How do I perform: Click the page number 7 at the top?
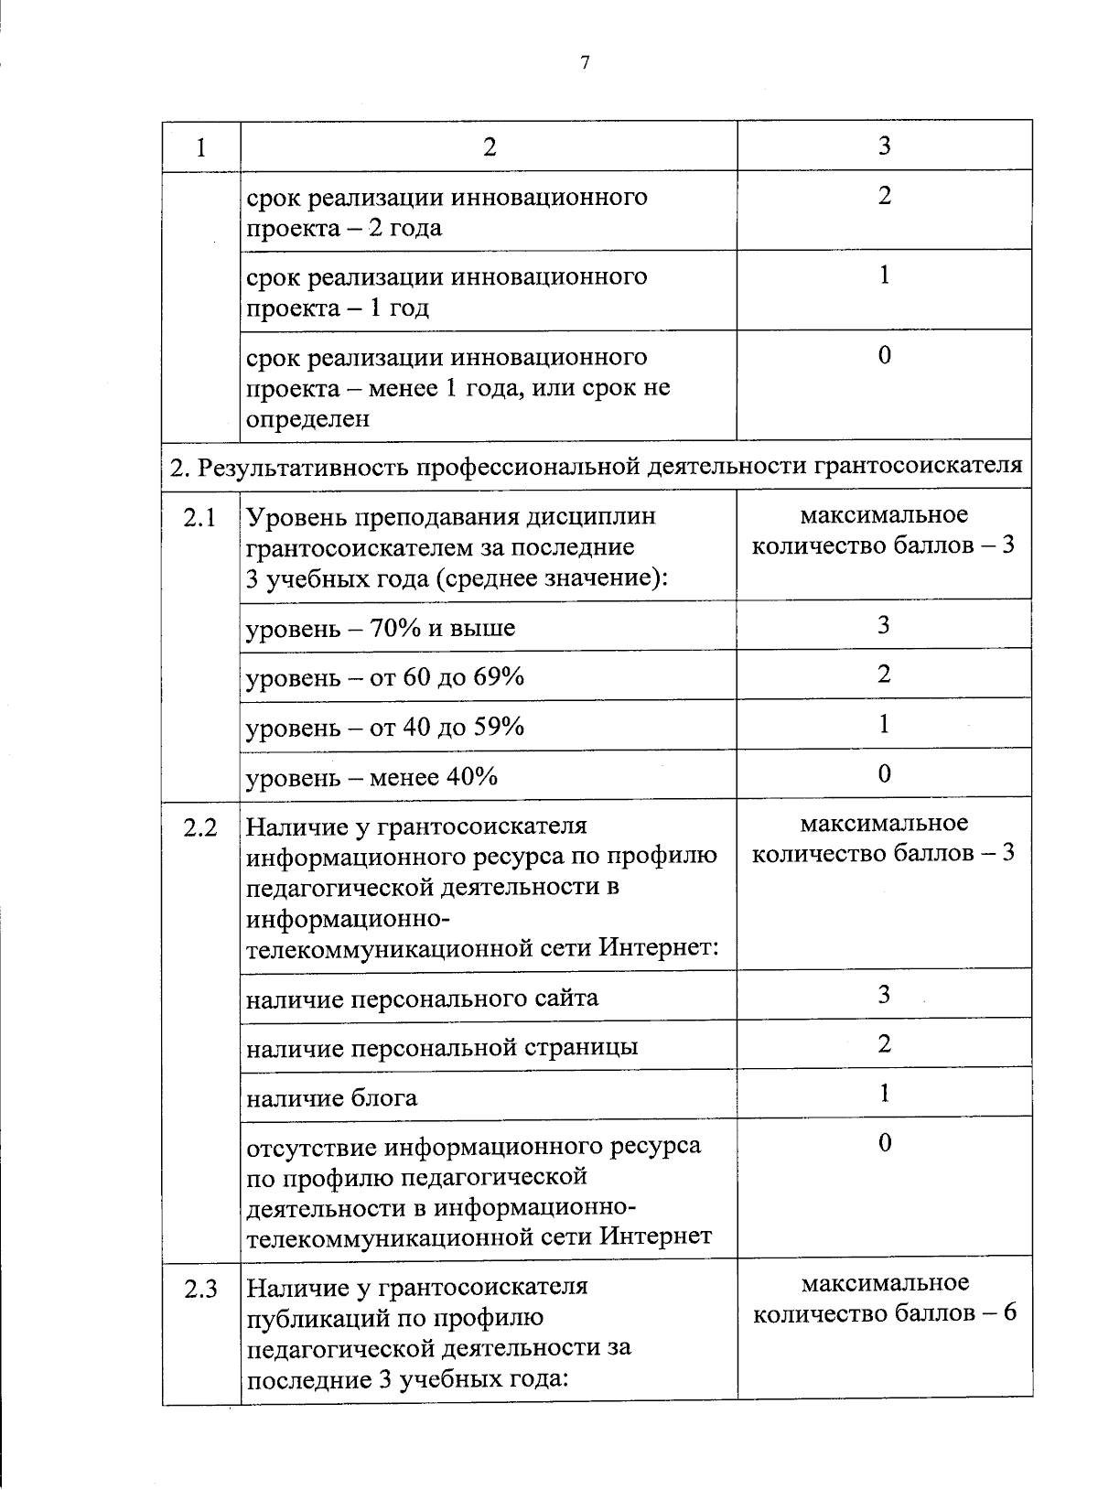tap(585, 62)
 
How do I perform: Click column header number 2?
tap(490, 146)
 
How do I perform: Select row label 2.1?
tap(199, 517)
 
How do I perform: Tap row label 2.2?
tap(199, 827)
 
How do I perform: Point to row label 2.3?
tap(199, 1289)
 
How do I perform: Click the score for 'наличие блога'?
tap(884, 1093)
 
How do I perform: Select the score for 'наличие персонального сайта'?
tap(884, 994)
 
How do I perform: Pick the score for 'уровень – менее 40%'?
tap(884, 773)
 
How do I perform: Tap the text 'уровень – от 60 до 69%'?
tap(385, 677)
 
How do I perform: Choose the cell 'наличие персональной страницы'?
tap(442, 1047)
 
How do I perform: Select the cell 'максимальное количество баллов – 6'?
tap(884, 1298)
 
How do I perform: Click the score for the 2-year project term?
tap(884, 195)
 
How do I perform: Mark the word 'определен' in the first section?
tap(307, 419)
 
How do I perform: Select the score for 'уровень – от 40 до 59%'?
tap(884, 724)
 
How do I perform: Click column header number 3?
tap(884, 146)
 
